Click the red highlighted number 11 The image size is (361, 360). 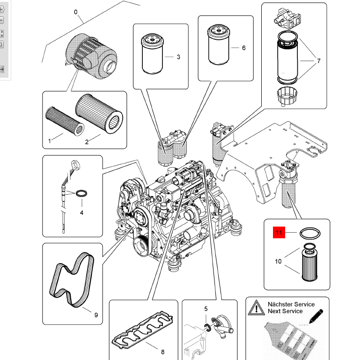[279, 233]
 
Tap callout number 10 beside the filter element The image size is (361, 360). [278, 262]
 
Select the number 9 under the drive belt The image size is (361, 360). [96, 315]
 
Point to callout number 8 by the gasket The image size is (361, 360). [163, 352]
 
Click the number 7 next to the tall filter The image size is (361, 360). [319, 61]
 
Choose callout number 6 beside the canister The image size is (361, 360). [244, 48]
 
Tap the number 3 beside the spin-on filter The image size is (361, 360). [178, 57]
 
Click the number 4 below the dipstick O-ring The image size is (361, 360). [82, 213]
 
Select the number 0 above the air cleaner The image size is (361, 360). [76, 12]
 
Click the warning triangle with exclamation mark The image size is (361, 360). [256, 308]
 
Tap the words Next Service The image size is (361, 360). [285, 311]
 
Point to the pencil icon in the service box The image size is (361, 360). [316, 316]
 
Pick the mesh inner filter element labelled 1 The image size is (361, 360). [65, 121]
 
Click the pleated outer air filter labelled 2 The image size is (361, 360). [99, 113]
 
